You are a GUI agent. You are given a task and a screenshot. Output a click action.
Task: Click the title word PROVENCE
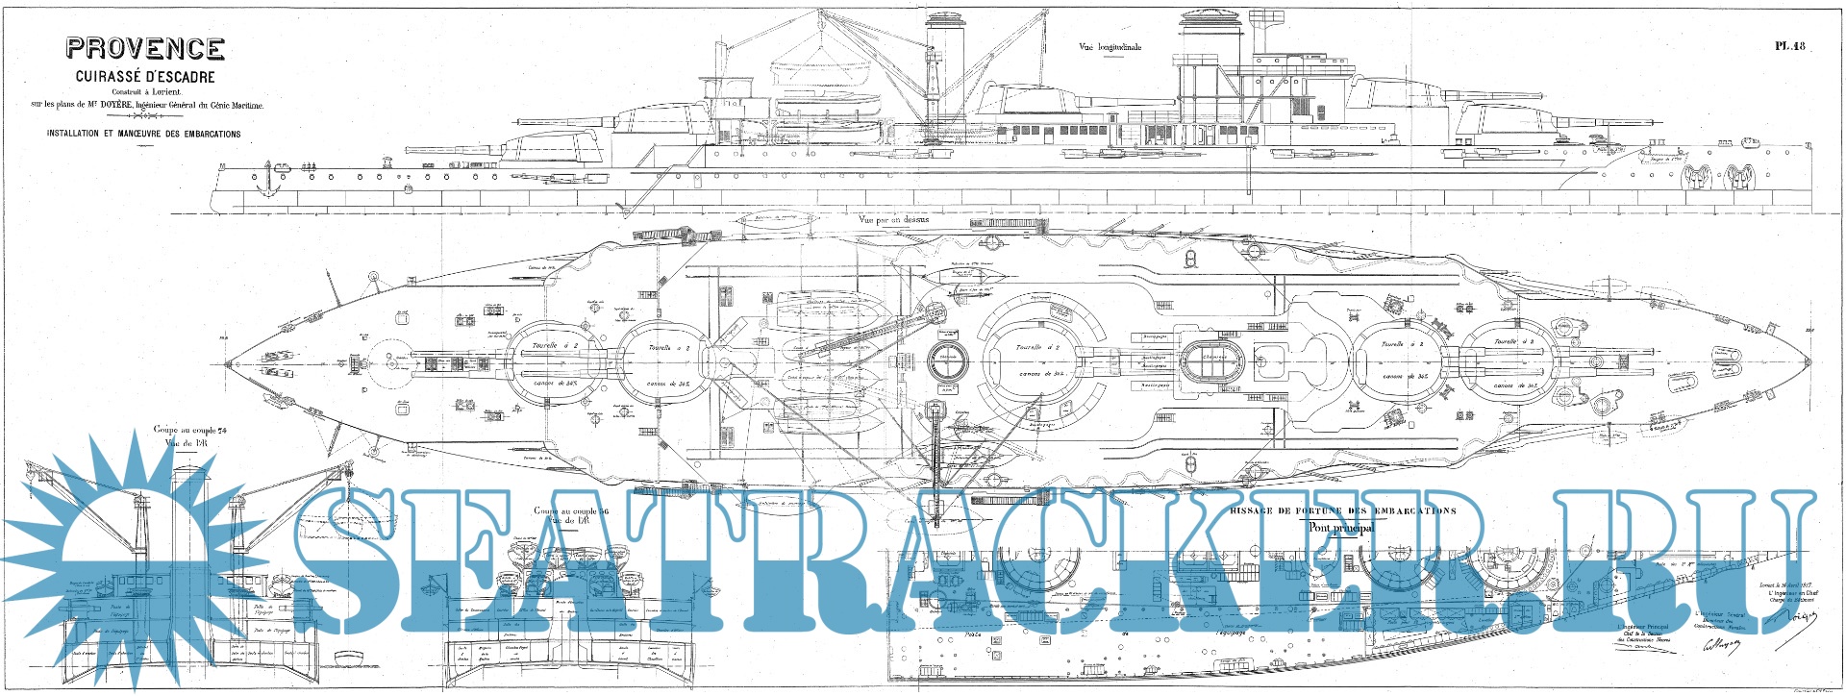point(145,49)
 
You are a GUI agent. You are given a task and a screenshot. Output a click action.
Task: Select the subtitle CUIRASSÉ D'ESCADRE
point(145,77)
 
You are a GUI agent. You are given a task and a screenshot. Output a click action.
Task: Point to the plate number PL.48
point(1790,45)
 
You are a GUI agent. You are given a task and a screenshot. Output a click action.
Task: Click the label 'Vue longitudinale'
point(1111,47)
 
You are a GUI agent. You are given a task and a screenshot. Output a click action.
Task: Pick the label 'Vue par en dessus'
point(894,219)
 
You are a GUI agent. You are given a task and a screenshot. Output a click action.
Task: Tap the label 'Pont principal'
point(1341,528)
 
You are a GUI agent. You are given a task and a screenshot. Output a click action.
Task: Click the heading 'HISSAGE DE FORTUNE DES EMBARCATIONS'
point(1342,511)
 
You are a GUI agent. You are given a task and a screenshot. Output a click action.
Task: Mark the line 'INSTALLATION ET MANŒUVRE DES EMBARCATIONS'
point(144,134)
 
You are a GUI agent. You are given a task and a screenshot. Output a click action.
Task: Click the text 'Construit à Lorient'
point(145,92)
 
